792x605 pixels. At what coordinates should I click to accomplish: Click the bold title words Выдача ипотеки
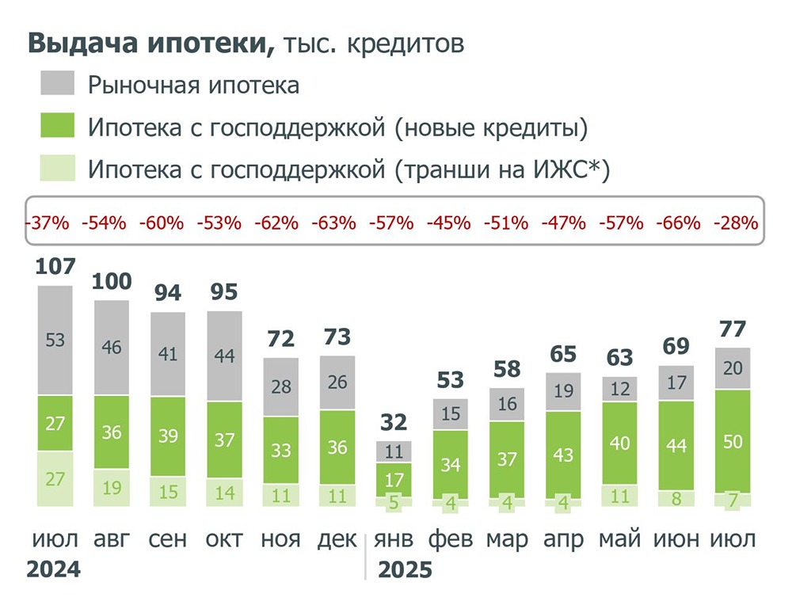151,44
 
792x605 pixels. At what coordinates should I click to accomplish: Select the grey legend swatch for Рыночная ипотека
58,83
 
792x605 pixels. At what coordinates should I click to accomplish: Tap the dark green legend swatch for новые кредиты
58,126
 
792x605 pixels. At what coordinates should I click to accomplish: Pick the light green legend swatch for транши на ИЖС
58,169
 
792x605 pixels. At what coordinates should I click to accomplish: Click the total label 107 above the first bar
55,268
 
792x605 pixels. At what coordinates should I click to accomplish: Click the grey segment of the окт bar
224,356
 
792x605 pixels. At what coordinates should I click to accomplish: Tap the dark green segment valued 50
733,441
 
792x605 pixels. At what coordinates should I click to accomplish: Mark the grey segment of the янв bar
394,452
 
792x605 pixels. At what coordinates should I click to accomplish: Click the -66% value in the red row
678,223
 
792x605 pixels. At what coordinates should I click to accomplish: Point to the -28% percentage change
736,223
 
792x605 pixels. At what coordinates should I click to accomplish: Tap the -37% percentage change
46,223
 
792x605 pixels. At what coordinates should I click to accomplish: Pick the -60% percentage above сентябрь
161,223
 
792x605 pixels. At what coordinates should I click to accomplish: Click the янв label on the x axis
394,539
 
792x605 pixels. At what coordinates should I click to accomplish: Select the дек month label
337,539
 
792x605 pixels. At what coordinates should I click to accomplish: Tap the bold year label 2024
54,569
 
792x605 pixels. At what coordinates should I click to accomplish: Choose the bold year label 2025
406,569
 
